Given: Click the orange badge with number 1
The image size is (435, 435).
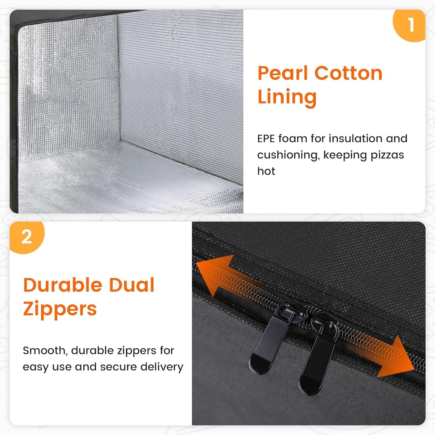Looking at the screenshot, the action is click(x=410, y=25).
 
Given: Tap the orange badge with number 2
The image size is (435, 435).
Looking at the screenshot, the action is click(x=26, y=237).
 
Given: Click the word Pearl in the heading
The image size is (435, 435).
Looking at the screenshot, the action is click(x=282, y=73).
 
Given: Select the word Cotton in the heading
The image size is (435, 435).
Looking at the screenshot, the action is click(x=348, y=73).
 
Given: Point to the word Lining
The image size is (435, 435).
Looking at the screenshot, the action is click(x=287, y=97).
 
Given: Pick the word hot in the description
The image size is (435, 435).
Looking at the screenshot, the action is click(x=266, y=171).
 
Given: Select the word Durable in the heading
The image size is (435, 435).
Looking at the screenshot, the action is click(x=63, y=285).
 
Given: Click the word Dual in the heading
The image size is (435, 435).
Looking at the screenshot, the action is click(x=132, y=285).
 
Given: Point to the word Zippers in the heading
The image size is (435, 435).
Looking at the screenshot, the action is click(x=60, y=309).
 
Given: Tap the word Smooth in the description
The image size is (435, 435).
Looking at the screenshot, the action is click(x=45, y=350).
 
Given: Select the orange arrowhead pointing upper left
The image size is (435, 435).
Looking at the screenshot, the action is click(x=214, y=275).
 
